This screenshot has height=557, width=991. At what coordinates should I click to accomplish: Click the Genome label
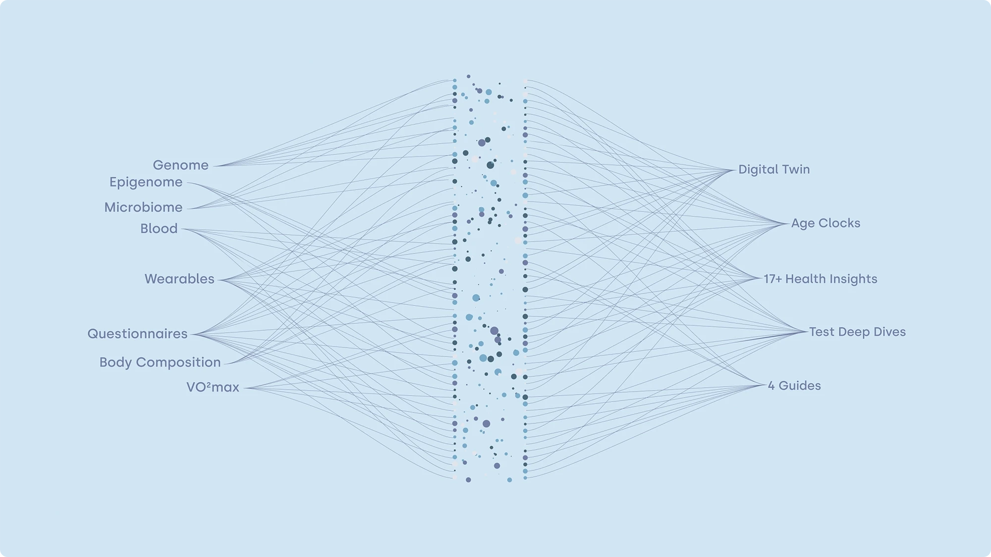tap(180, 165)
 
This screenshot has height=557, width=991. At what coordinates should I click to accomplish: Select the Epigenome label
tap(146, 182)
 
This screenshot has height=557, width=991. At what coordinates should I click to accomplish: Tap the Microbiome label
tap(143, 207)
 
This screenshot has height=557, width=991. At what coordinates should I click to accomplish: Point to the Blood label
tap(159, 229)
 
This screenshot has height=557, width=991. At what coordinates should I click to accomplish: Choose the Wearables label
tap(179, 279)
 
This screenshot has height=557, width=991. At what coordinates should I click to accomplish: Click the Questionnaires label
tap(137, 334)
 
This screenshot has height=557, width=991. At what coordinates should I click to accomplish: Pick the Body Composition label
tap(160, 362)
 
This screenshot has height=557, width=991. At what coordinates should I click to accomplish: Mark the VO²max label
tap(213, 387)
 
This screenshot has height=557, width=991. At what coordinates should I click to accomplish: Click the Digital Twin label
tap(774, 169)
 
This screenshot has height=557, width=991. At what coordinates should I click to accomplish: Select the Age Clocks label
tap(826, 223)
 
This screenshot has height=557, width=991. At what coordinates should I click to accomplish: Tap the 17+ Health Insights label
tap(820, 279)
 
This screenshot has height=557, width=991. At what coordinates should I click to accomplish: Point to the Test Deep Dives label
tap(857, 332)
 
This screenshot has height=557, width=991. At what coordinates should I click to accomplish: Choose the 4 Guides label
tap(794, 386)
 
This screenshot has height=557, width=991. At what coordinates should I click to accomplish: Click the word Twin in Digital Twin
tap(796, 169)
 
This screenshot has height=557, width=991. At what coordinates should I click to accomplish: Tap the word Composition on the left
tap(178, 362)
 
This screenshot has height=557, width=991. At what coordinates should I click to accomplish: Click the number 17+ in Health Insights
tap(772, 279)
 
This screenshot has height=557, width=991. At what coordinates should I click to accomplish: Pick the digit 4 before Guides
tap(771, 386)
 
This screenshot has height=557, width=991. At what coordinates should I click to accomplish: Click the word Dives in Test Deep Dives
tap(889, 332)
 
